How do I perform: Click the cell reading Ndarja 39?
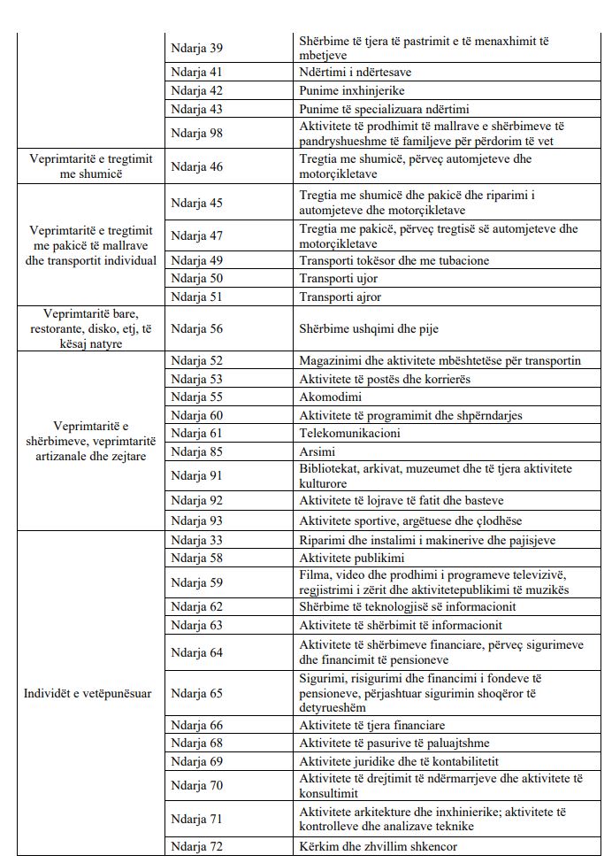197,47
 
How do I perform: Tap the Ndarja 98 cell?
197,133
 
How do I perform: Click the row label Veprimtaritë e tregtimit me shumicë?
90,166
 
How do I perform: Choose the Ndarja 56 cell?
197,328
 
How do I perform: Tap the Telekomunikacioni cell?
350,433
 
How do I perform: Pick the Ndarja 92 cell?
197,500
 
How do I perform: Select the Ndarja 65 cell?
197,693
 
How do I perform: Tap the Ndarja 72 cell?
197,846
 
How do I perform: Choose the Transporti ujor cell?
339,279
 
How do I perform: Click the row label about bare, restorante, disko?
90,328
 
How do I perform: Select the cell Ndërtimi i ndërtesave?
354,73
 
